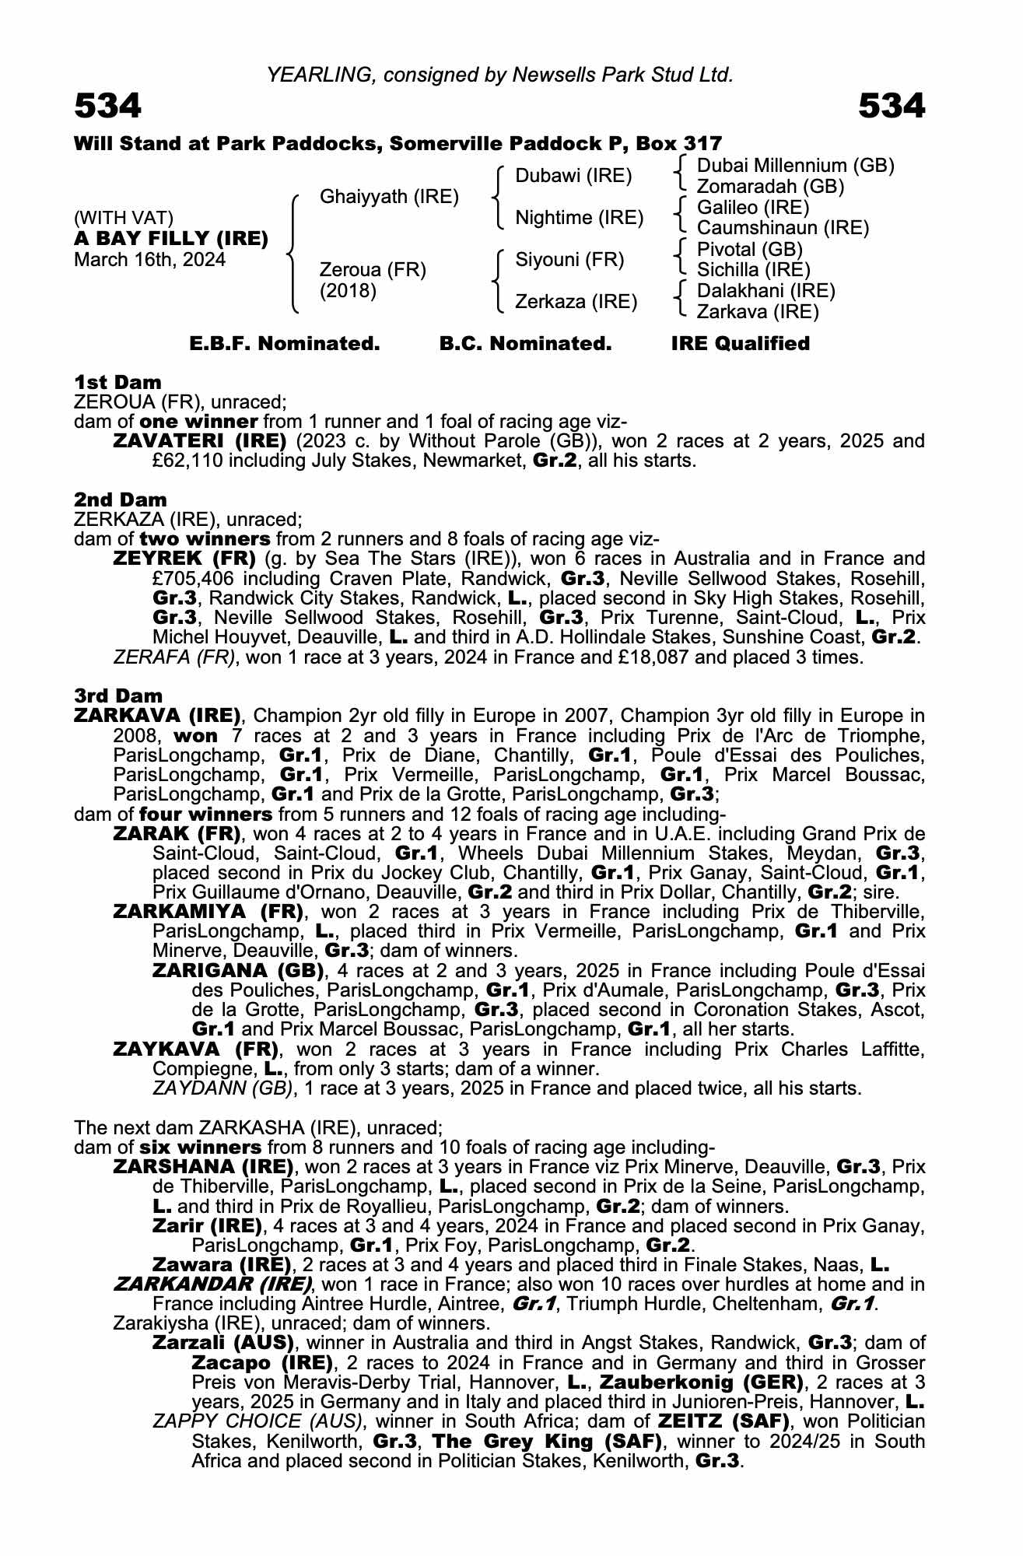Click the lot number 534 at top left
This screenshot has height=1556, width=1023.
coord(107,106)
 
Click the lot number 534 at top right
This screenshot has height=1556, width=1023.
coord(892,106)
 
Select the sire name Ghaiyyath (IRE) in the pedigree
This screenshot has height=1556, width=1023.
coord(389,197)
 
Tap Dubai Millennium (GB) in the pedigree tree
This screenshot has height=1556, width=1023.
coord(795,166)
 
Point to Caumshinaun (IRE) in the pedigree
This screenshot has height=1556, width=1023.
coord(783,228)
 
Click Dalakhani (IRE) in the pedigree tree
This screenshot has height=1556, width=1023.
coord(765,291)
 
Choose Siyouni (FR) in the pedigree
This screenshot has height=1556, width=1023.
coord(569,260)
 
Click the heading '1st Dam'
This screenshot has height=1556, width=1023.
coord(117,382)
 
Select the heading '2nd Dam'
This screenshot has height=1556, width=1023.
coord(120,499)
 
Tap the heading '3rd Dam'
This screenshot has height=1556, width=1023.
coord(118,696)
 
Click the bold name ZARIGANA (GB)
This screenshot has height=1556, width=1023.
coord(238,971)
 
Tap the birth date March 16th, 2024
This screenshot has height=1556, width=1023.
coord(149,260)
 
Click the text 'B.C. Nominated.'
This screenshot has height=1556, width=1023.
coord(525,343)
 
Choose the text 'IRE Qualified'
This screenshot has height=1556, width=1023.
coord(740,343)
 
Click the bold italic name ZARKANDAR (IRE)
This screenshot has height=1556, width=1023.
coord(212,1284)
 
